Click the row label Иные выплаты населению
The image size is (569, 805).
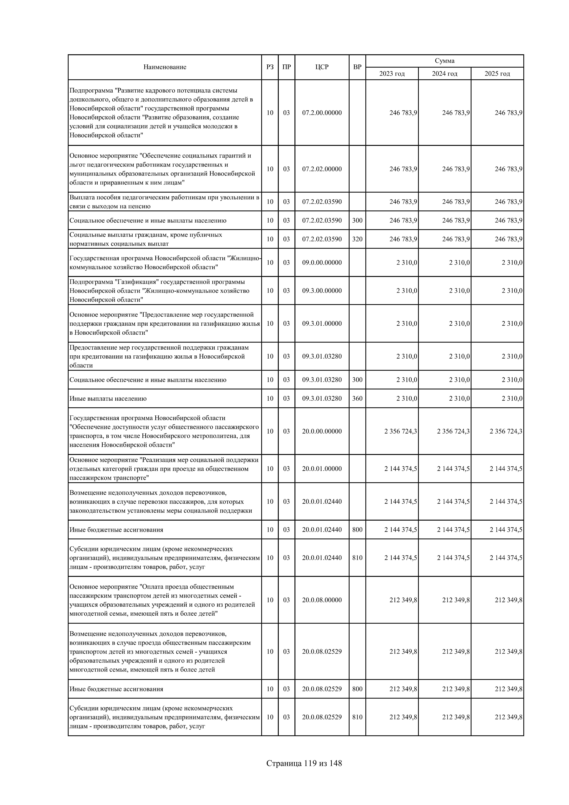click(x=108, y=399)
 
